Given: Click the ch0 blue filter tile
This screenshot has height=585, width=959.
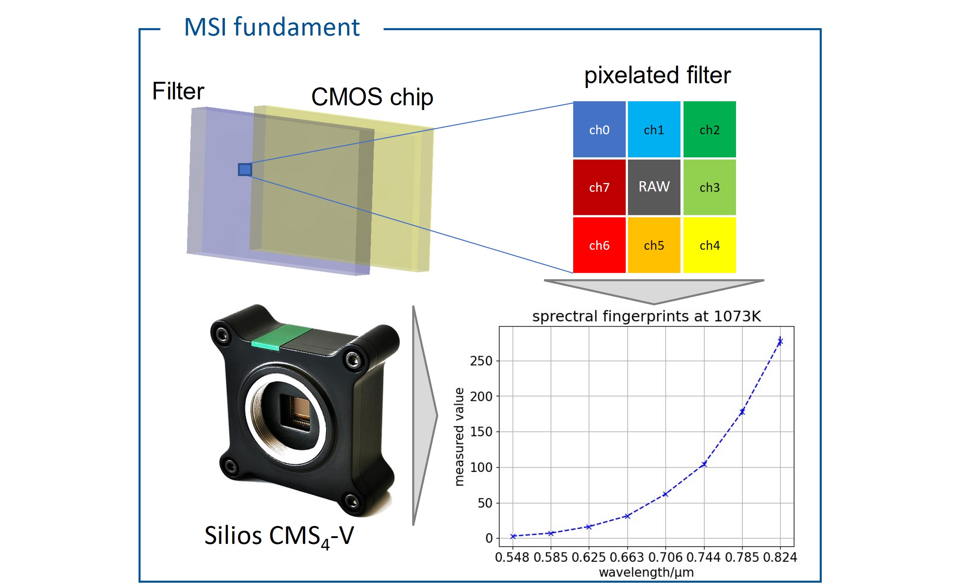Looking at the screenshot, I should coord(599,129).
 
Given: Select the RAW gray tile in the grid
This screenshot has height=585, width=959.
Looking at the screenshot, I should coord(654,187).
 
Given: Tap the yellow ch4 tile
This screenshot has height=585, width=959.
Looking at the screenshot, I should coord(709,245).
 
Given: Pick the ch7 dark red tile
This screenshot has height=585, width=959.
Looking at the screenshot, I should coord(599,187).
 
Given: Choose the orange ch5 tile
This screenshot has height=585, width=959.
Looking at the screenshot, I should coord(654,245).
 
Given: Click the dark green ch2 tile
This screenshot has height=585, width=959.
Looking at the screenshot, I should coord(709,129).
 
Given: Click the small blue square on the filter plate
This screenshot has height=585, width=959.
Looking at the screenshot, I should coord(245,170).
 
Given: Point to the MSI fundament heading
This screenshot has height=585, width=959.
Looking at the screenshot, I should coord(271,27).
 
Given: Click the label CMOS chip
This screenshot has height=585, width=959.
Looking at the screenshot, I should coord(372,96).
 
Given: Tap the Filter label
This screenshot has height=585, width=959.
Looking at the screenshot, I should coord(178,91).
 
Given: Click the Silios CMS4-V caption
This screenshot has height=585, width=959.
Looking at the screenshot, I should coord(279,536).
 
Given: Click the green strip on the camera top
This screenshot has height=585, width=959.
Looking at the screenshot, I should coord(281,337).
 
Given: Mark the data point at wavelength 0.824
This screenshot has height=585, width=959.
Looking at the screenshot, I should coord(780,342).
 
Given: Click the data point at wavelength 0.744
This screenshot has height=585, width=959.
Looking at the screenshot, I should coord(704,464).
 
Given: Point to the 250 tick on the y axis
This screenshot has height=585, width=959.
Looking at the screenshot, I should coord(481,361).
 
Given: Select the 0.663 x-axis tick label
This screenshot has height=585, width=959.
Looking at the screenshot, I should coord(627,557).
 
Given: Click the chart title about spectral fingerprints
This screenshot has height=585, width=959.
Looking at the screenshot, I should coord(646,316).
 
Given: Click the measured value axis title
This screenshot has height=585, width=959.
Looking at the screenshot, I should coord(459,437).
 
